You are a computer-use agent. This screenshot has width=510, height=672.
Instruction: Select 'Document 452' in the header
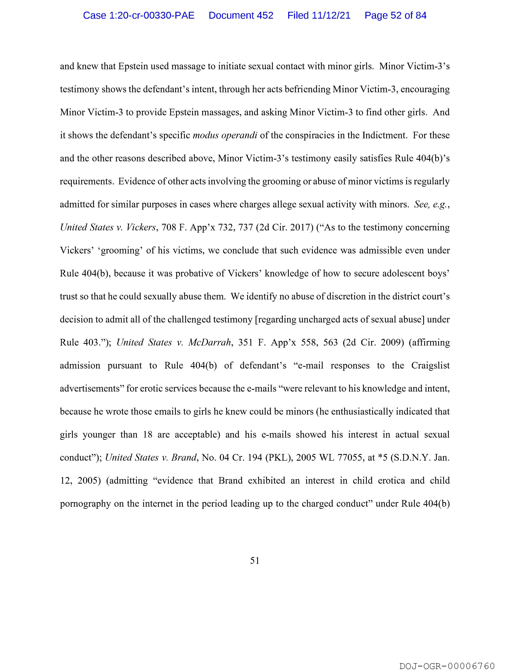pyautogui.click(x=241, y=15)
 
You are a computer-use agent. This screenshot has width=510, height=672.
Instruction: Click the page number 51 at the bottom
pyautogui.click(x=255, y=561)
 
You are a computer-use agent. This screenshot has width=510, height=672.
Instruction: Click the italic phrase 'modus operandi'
pyautogui.click(x=225, y=135)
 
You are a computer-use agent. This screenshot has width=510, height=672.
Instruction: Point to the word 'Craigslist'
pyautogui.click(x=430, y=366)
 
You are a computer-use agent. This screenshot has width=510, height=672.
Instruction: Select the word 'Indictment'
pyautogui.click(x=384, y=135)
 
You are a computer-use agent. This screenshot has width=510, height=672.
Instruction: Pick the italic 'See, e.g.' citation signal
pyautogui.click(x=431, y=204)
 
